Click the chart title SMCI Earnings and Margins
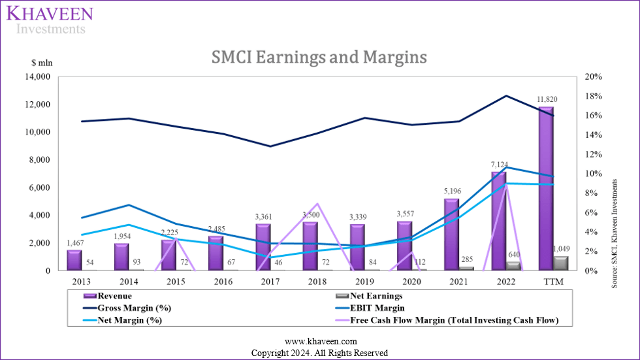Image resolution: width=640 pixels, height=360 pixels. [319, 57]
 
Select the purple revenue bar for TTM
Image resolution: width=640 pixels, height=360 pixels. [546, 189]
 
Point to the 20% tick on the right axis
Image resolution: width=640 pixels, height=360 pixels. [594, 77]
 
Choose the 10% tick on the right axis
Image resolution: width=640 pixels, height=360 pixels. [594, 174]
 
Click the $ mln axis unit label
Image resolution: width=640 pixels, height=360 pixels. [41, 63]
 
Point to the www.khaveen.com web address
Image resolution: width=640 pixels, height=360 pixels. [319, 342]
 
